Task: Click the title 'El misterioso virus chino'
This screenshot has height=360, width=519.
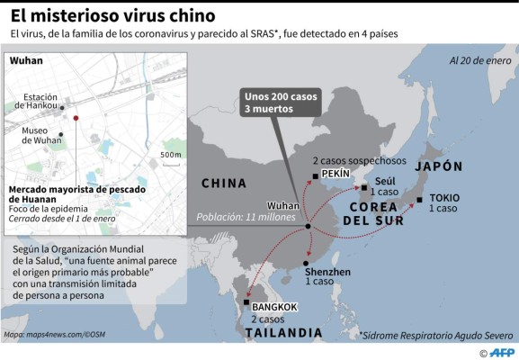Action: point(112,15)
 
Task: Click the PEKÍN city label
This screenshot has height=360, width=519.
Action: point(335,173)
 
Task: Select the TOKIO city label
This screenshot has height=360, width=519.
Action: point(444,198)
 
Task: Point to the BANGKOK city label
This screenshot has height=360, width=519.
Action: point(274,307)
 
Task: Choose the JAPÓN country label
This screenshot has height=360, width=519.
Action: point(438,166)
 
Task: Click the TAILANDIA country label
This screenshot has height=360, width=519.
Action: point(283,333)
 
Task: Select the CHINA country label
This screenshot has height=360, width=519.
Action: point(223,184)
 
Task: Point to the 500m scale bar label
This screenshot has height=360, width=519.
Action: point(169,154)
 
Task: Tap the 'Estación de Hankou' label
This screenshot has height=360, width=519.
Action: point(41,101)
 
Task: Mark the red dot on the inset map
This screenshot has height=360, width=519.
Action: point(76,118)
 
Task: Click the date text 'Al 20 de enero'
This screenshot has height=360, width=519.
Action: point(479,61)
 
